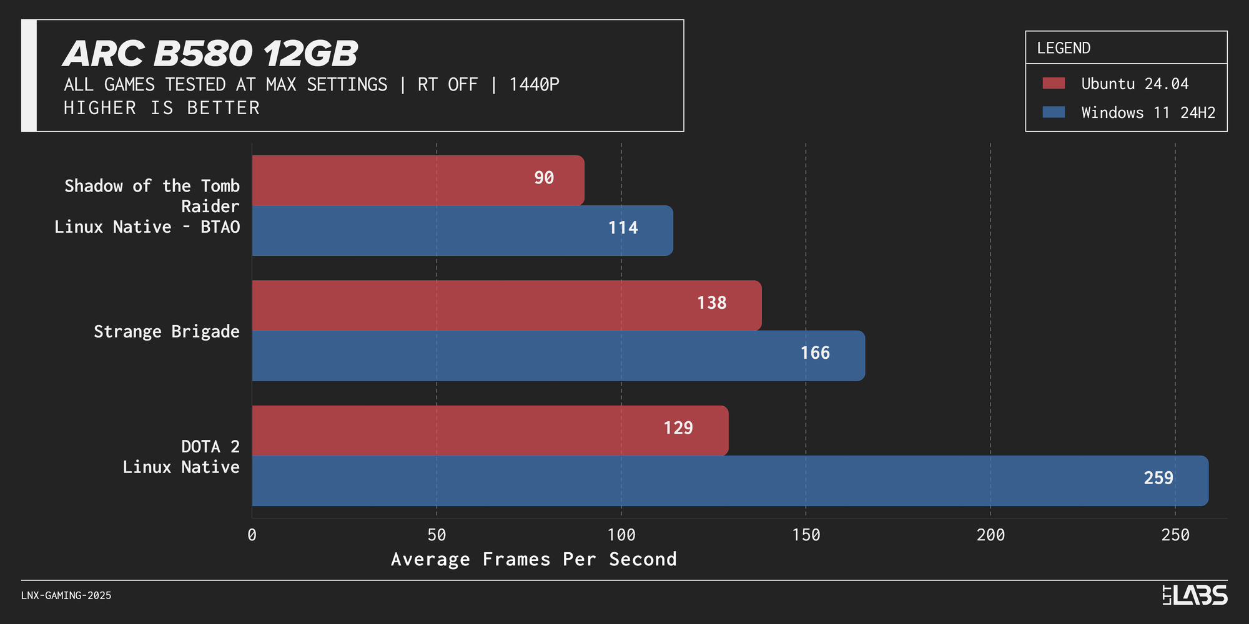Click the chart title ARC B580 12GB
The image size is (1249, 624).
(x=210, y=54)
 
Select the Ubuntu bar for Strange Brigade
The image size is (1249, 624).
(x=506, y=305)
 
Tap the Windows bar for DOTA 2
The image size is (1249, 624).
(x=729, y=480)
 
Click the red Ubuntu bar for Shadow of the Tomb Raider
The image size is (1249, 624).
(x=418, y=180)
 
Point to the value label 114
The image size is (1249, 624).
(x=623, y=228)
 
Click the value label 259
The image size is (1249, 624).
(x=1158, y=478)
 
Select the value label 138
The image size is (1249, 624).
(x=711, y=303)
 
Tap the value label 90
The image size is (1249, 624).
(x=543, y=178)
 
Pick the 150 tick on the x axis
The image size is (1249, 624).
(x=806, y=535)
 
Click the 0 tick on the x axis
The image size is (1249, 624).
(x=252, y=535)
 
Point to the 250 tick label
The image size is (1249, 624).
(x=1175, y=535)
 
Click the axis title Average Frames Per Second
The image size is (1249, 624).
(x=533, y=559)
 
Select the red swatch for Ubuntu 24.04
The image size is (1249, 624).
(x=1054, y=84)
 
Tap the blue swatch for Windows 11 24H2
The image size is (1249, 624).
(x=1054, y=112)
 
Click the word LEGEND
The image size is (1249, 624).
(x=1064, y=48)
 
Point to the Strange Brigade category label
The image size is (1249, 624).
(x=166, y=331)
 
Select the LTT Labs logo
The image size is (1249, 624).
(x=1194, y=595)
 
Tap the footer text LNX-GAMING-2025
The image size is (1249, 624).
(x=66, y=595)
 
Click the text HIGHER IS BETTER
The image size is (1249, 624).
(x=162, y=108)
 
